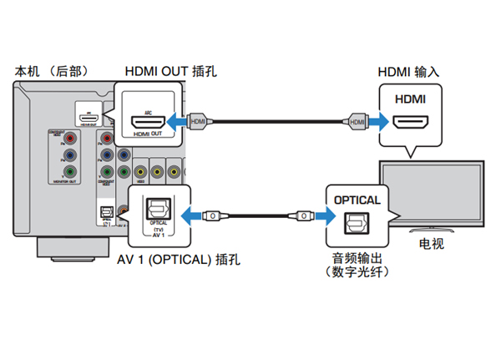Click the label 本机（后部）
52,72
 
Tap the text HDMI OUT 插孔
170,72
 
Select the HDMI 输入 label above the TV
409,72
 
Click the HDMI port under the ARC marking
151,123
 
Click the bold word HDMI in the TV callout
409,99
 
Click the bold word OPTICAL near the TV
357,200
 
